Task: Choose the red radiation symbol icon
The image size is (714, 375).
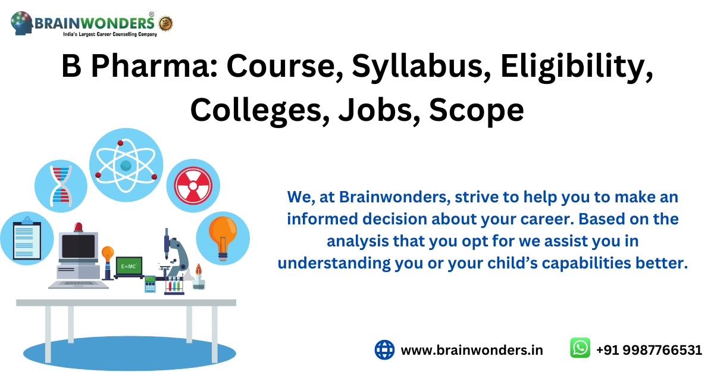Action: click(193, 185)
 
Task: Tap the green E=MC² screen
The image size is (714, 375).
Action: click(129, 266)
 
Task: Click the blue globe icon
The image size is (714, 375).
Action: click(384, 349)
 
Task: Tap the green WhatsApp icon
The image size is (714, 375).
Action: click(580, 349)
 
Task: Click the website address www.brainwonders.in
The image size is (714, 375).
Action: click(472, 350)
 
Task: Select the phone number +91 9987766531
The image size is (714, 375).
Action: click(649, 350)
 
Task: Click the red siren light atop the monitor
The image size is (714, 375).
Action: click(79, 227)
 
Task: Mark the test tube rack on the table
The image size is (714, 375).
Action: click(174, 285)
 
